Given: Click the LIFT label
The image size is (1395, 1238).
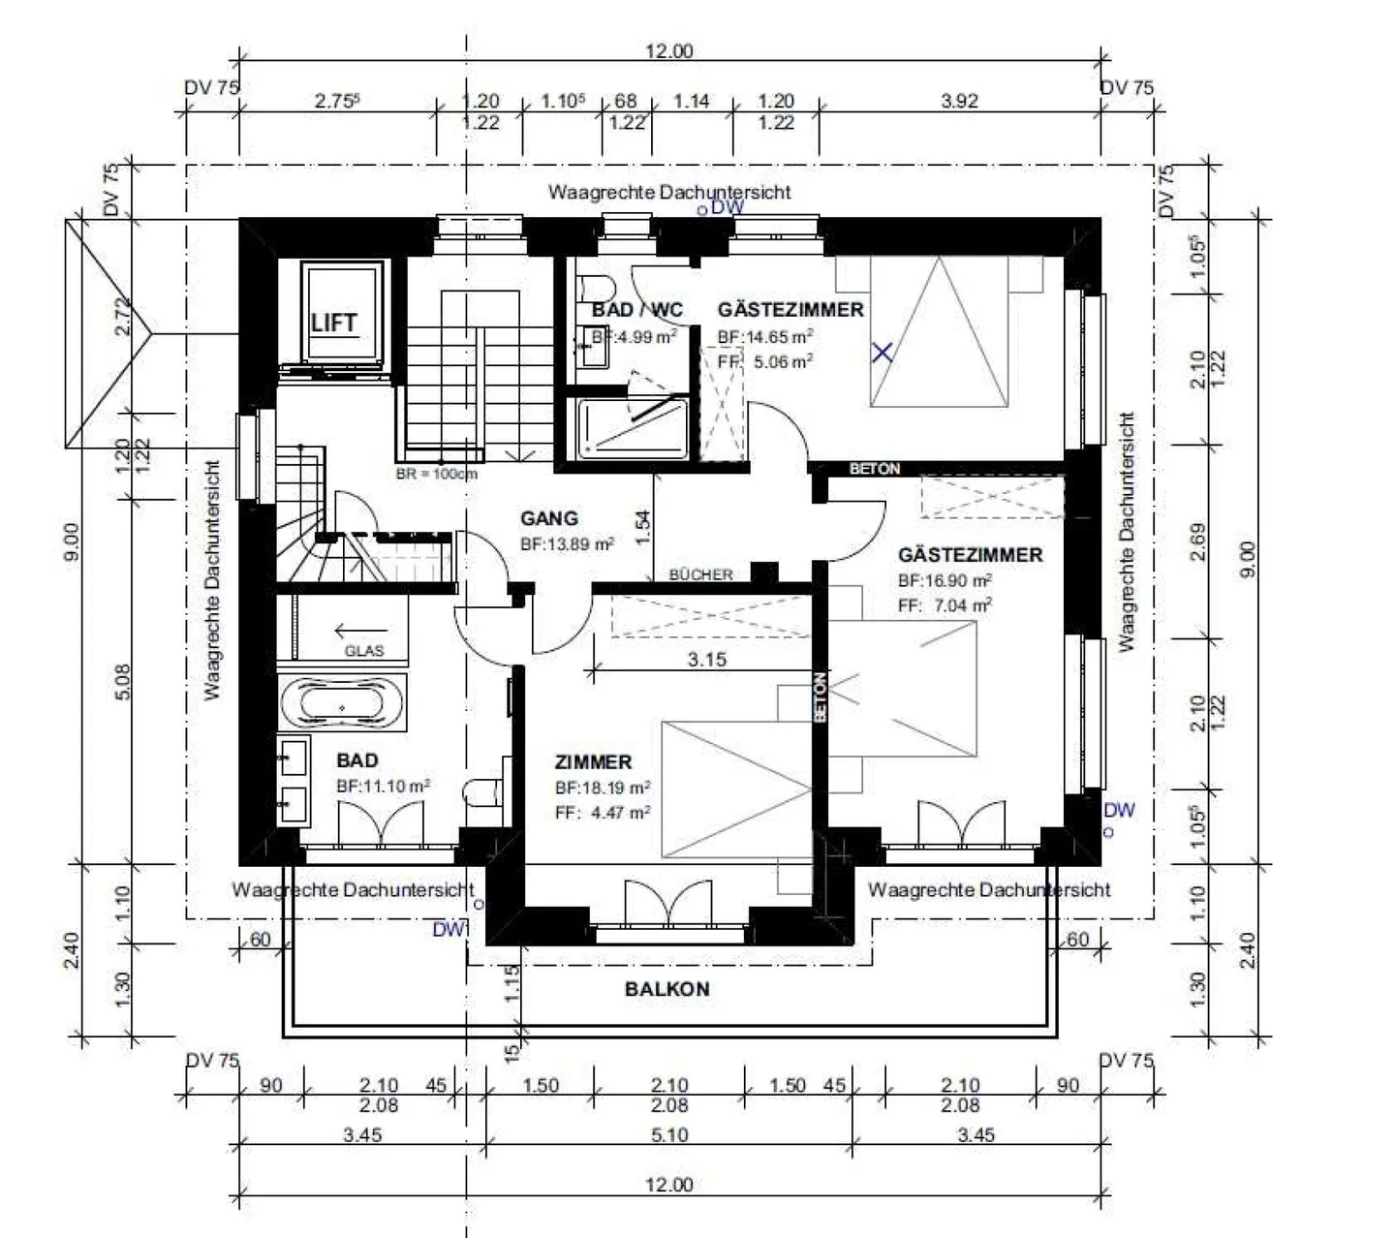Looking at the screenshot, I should click(333, 323).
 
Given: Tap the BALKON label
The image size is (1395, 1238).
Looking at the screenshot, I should click(666, 989).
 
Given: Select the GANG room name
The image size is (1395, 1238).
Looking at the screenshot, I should click(549, 518).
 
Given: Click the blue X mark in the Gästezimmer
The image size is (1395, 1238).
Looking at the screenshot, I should click(882, 353).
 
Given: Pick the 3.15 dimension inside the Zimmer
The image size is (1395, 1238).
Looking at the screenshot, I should click(706, 660).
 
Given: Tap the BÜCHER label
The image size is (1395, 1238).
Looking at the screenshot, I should click(700, 574).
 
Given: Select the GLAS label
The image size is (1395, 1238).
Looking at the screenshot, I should click(363, 651).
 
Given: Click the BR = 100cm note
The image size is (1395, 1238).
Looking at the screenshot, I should click(436, 475).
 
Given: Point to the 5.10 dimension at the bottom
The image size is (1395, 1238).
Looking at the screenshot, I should click(667, 1134).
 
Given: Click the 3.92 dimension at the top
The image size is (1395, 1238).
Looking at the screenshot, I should click(960, 100).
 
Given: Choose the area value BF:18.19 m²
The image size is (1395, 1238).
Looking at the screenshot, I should click(603, 788).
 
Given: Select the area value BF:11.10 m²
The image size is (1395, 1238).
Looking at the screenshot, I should click(384, 787).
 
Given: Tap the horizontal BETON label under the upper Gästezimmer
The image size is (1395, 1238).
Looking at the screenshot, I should click(875, 469).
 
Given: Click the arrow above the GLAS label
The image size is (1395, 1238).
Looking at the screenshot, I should click(354, 632).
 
